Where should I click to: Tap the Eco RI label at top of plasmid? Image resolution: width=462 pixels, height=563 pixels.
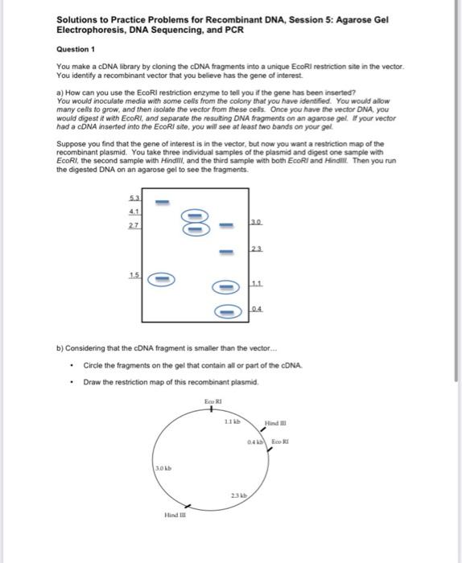click(x=212, y=400)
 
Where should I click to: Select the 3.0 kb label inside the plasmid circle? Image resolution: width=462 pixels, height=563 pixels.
click(x=163, y=465)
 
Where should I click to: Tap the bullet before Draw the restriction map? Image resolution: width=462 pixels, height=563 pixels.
click(x=73, y=382)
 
